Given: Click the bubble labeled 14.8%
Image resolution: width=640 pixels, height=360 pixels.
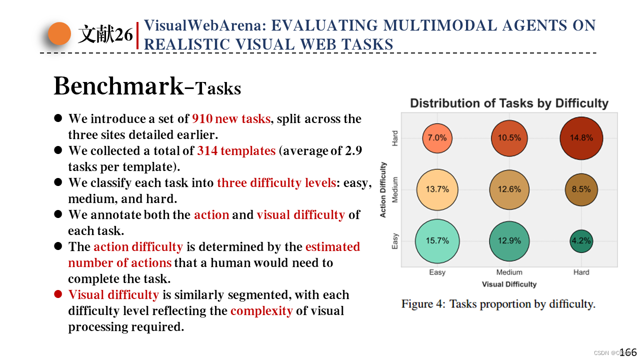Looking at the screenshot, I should tap(581, 137).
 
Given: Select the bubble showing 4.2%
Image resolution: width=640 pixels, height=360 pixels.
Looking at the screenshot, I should tap(581, 241).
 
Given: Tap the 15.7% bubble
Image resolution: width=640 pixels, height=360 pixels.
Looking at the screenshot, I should tap(437, 241).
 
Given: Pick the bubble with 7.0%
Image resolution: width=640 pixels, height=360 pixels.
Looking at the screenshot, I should tap(437, 137).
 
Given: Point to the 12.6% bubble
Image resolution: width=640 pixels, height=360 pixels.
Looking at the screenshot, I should tap(509, 189).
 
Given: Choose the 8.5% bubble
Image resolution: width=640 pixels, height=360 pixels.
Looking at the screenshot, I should tap(581, 189).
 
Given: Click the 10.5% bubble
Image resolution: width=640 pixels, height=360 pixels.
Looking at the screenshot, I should tap(509, 137).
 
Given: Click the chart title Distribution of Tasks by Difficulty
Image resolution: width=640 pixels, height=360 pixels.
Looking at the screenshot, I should tap(509, 103).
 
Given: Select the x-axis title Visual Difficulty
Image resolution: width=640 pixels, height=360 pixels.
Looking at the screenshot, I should tap(509, 284).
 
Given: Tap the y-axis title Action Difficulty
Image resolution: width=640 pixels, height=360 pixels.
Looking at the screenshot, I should tap(383, 189).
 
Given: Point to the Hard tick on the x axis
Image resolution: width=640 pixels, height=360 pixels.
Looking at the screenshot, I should tap(581, 272).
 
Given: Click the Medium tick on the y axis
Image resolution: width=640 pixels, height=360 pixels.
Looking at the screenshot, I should tap(395, 189).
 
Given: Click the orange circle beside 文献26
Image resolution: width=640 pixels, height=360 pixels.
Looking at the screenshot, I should tap(59, 33).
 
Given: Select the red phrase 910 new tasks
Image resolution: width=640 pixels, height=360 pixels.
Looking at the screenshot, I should tap(231, 119).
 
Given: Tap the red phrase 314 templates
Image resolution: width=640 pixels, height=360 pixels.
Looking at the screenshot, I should tap(236, 151).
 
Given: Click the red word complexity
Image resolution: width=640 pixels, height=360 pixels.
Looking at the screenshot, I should tap(261, 311).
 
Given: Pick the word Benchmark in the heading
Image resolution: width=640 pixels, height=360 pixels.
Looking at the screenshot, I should tap(118, 86).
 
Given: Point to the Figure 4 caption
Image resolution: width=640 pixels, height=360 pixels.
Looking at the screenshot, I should tap(498, 304).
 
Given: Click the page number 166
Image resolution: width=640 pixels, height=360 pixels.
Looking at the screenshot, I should tap(628, 352).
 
